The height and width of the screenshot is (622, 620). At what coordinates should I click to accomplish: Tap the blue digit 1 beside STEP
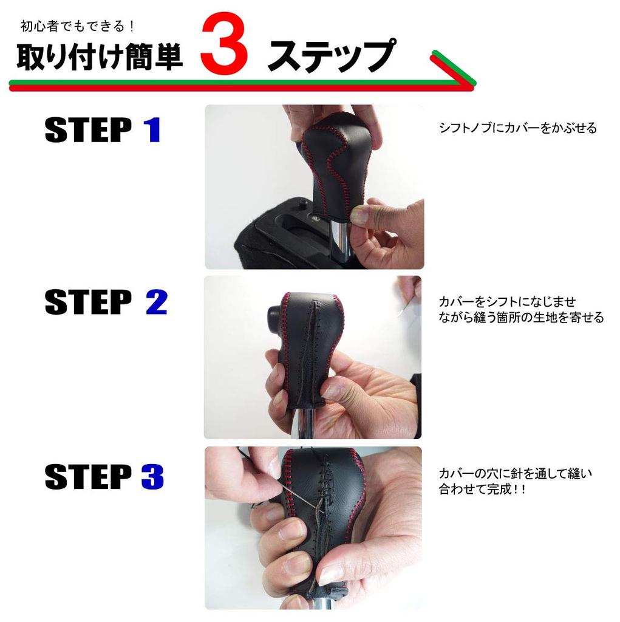point(152,131)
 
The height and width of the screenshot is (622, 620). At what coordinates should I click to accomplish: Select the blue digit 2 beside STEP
point(156,302)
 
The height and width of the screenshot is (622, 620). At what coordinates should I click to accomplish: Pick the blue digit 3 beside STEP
point(153,477)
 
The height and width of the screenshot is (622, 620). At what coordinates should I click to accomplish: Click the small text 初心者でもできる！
point(77,27)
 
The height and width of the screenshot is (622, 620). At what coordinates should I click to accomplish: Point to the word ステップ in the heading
point(331,57)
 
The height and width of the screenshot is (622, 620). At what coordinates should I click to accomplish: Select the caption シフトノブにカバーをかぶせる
point(518,128)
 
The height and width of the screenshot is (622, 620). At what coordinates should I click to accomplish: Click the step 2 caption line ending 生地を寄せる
point(521,317)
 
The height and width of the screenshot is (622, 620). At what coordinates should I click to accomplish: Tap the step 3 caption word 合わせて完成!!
point(482,489)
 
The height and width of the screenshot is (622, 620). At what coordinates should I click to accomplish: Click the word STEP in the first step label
point(88,131)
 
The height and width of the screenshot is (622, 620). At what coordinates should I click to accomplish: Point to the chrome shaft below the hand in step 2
point(304,425)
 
